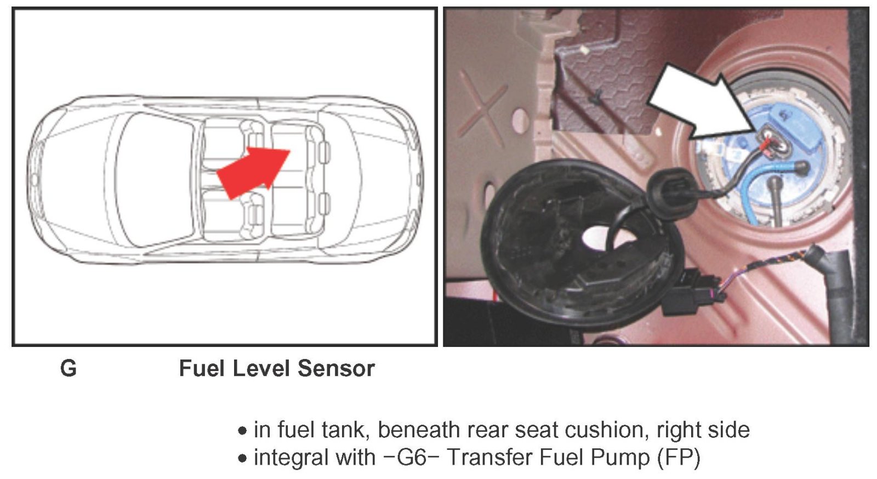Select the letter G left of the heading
coord(69,368)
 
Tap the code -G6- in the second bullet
coord(411,457)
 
